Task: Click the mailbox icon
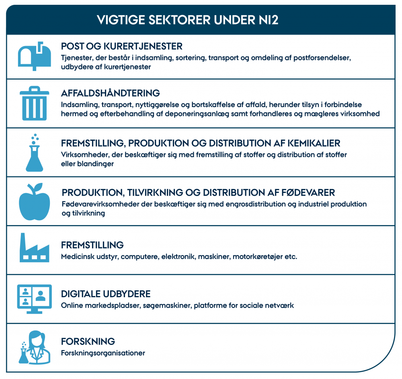tap(35, 56)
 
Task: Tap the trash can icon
tap(35, 104)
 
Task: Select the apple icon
tap(35, 202)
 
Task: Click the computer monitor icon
tap(35, 298)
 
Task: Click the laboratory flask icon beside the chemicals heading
tap(35, 153)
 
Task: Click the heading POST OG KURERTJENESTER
tap(121, 46)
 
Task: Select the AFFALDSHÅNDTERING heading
tap(111, 93)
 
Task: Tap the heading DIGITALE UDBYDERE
tap(106, 294)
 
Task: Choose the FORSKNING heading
tap(88, 342)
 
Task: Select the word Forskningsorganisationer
tap(103, 353)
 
